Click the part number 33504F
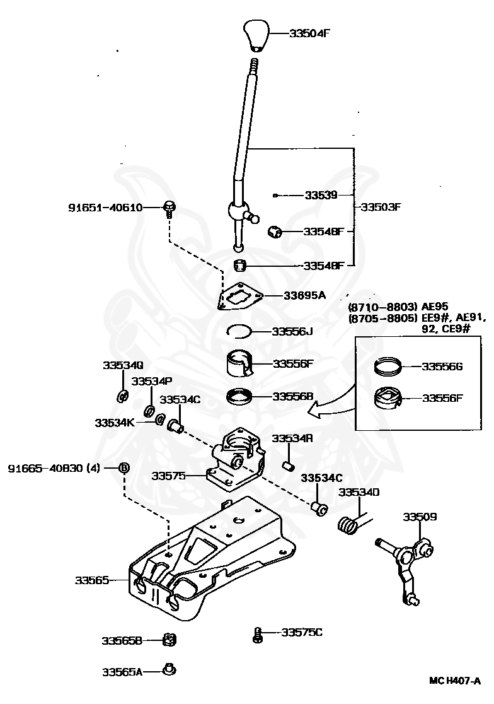(x=309, y=33)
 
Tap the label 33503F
(x=380, y=207)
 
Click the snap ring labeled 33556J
(x=240, y=331)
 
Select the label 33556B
(x=292, y=396)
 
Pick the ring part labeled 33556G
(x=388, y=367)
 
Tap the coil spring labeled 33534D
(x=348, y=524)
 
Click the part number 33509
(x=420, y=517)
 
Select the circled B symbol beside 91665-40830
(x=124, y=468)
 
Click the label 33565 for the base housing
(x=92, y=580)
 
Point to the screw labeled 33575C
(x=257, y=635)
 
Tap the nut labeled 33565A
(x=169, y=670)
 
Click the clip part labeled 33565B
(x=169, y=640)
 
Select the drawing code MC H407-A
(x=454, y=681)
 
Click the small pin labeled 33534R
(x=288, y=466)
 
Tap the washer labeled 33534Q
(x=122, y=397)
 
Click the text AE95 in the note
(x=434, y=307)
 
